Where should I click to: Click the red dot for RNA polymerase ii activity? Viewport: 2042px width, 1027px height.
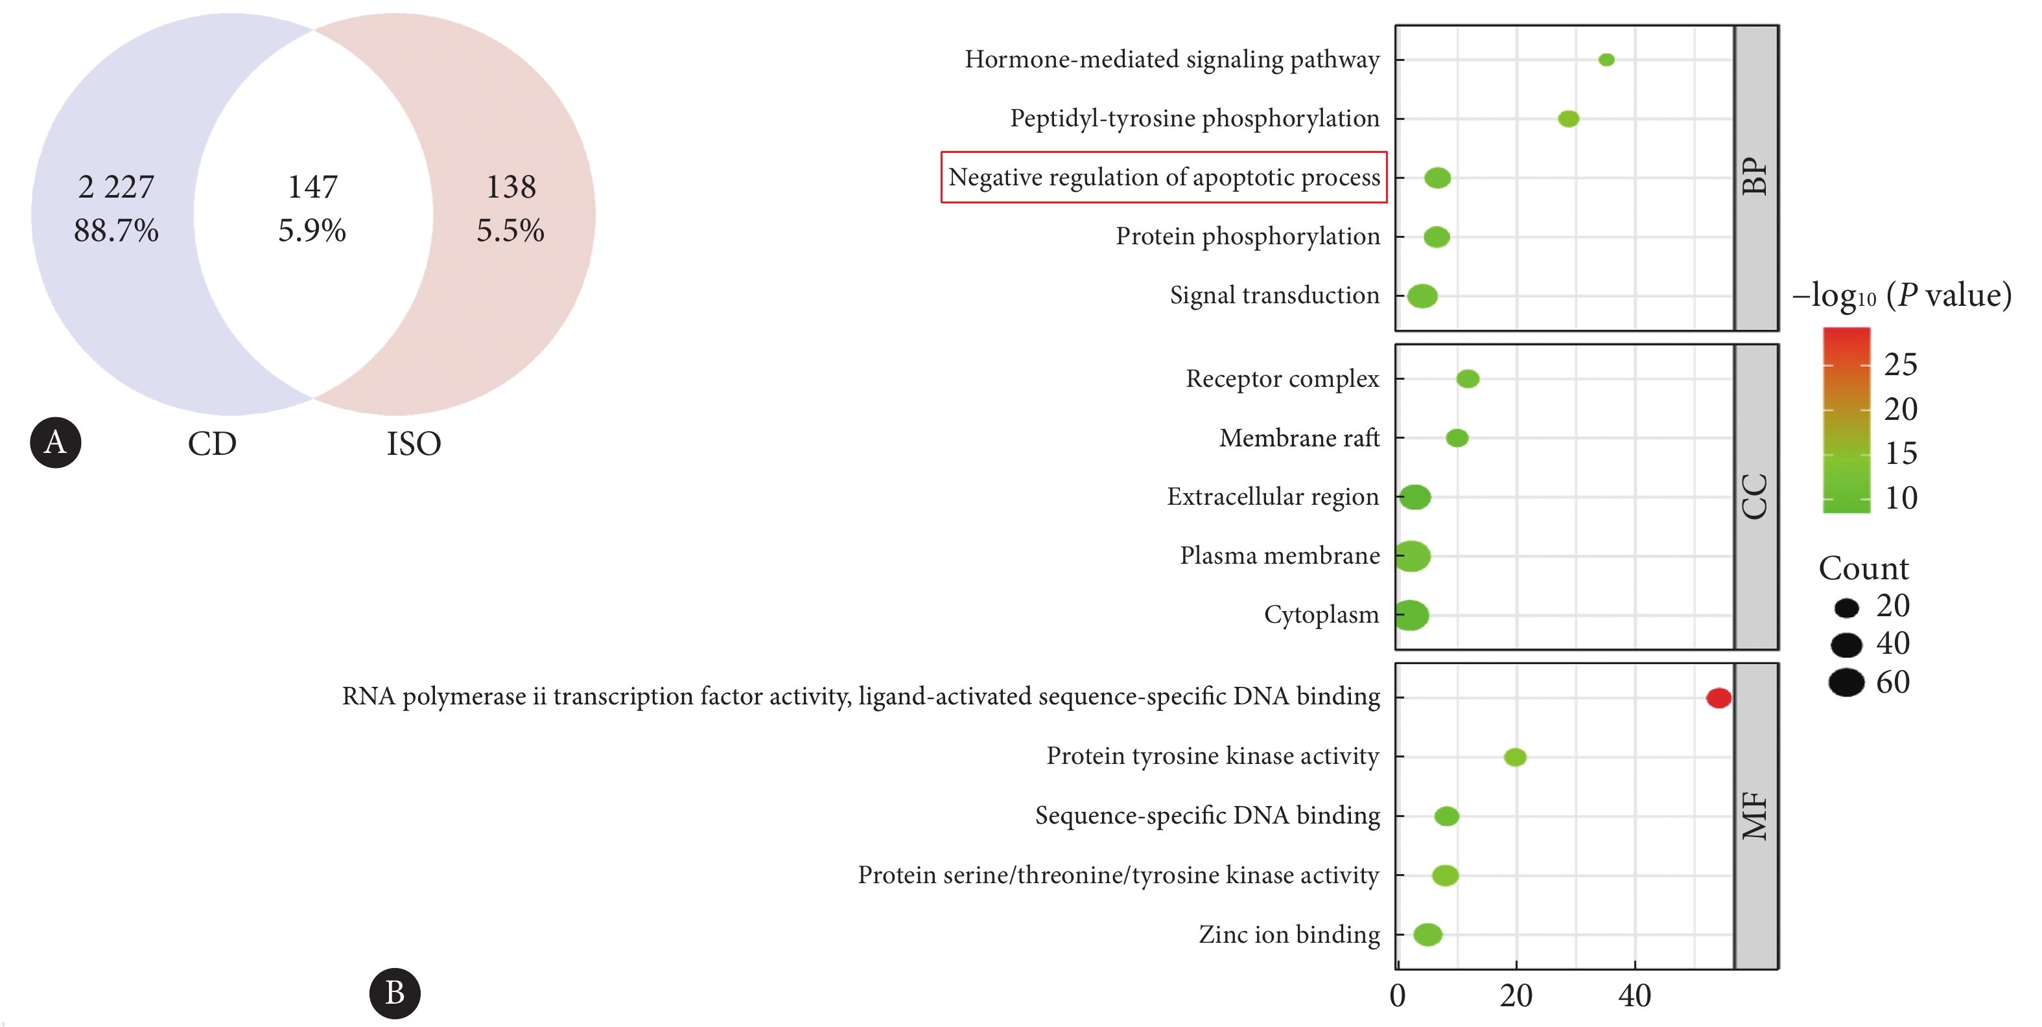[1719, 697]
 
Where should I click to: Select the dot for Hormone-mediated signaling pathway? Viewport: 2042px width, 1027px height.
[1606, 60]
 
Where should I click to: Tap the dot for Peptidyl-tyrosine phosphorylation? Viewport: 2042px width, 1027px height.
[1568, 119]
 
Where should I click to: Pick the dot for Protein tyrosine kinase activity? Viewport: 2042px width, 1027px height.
[1515, 757]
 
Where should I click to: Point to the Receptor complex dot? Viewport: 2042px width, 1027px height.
[1467, 379]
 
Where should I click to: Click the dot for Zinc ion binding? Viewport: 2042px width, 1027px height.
[1427, 934]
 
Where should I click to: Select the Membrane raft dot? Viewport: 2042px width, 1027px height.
[1457, 437]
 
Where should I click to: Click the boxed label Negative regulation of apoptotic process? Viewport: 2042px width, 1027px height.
[1164, 177]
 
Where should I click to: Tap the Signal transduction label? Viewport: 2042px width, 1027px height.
[1274, 295]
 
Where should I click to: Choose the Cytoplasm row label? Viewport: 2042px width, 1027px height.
[1321, 615]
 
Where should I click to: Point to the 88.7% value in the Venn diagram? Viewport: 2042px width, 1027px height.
[117, 231]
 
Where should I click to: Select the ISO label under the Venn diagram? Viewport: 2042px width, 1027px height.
[414, 444]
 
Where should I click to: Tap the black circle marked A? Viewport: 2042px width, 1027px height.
[56, 442]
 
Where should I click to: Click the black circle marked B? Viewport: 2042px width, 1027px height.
[395, 993]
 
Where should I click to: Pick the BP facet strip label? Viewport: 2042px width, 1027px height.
[1755, 177]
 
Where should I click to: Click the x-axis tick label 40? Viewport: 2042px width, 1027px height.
[1634, 996]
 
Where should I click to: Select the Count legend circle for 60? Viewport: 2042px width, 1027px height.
[1846, 682]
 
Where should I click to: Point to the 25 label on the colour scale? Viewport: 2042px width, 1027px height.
[1900, 365]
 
